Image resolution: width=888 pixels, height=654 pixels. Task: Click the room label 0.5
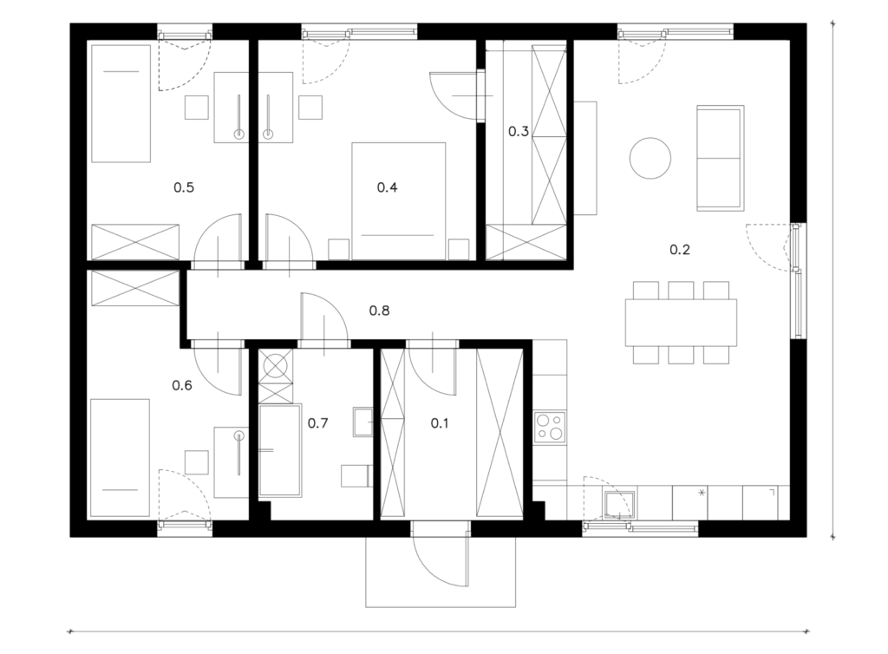click(x=184, y=187)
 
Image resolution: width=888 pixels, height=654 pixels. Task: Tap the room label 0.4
click(x=388, y=187)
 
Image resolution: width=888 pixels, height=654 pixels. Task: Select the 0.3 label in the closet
click(x=519, y=132)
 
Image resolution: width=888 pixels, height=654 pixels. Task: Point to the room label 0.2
click(x=680, y=250)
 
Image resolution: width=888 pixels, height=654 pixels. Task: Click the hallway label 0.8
click(x=380, y=311)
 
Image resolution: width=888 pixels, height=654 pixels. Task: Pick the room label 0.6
click(x=182, y=386)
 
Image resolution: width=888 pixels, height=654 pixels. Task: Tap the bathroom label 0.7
click(x=317, y=423)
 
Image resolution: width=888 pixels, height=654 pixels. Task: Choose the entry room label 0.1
click(x=440, y=423)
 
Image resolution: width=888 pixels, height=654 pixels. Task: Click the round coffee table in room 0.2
click(x=650, y=158)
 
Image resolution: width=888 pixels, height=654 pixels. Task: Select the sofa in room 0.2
click(x=720, y=158)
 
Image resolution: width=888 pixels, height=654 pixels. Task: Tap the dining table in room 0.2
click(x=681, y=322)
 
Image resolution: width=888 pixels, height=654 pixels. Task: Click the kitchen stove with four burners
click(x=550, y=427)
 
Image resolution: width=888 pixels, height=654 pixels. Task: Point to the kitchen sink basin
click(x=619, y=505)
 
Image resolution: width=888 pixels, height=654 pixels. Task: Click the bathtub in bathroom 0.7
click(x=280, y=451)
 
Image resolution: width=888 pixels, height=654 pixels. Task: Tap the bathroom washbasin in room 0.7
click(x=363, y=422)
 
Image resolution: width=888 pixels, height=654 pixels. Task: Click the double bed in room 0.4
click(x=399, y=201)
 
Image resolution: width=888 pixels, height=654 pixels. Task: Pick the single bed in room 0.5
click(x=121, y=103)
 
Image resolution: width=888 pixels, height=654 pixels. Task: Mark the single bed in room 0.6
click(x=120, y=458)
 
